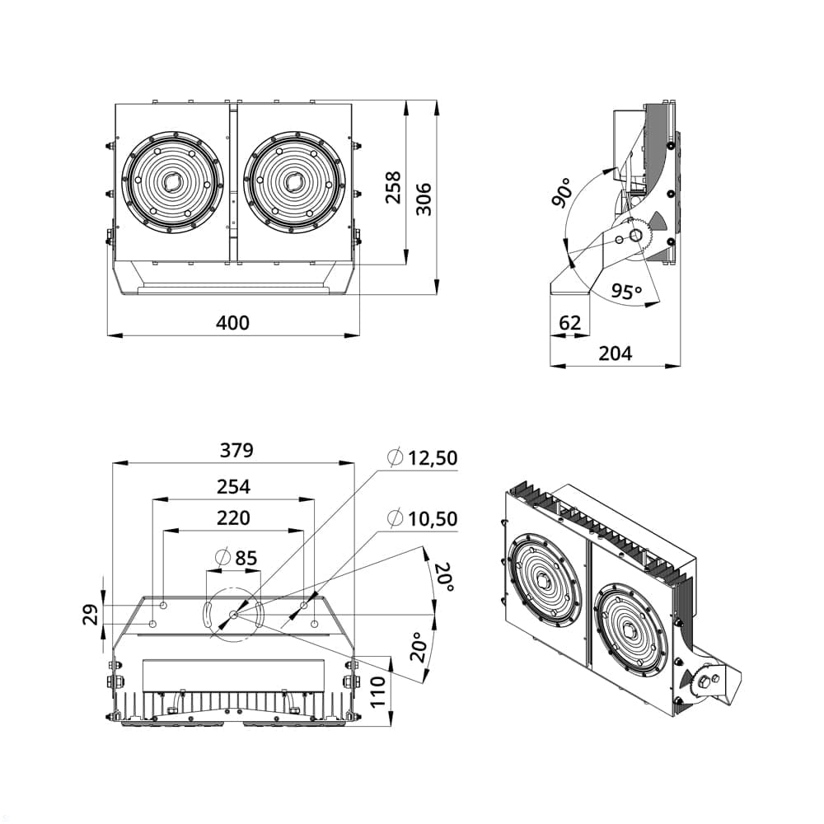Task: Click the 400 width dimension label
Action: [x=232, y=322]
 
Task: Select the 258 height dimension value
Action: [x=393, y=187]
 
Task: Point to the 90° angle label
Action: [x=562, y=192]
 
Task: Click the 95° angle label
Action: [x=626, y=292]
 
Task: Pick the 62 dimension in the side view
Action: [x=569, y=322]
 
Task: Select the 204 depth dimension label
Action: [x=615, y=353]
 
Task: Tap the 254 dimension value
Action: [x=233, y=487]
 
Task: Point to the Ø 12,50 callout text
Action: [x=422, y=458]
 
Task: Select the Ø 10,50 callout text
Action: [x=422, y=518]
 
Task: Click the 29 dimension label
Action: [x=91, y=614]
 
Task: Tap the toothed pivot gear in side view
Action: [x=637, y=236]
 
